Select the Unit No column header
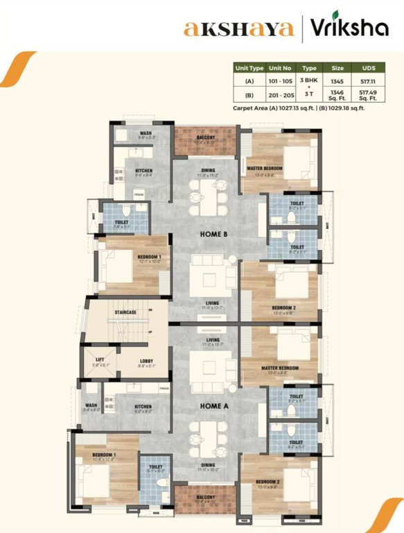coord(281,69)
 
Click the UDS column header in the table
coord(368,69)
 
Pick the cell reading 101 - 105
coord(281,81)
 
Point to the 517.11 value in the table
coord(368,81)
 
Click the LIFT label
coord(99,359)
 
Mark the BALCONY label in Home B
coord(206,137)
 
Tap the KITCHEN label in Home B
coord(143,171)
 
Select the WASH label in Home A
coord(91,405)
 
